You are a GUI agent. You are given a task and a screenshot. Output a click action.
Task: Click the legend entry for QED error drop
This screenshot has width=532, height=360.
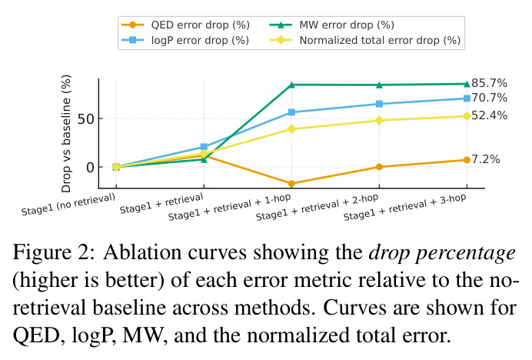pos(185,25)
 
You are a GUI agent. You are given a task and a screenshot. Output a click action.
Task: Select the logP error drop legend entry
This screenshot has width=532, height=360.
pos(185,40)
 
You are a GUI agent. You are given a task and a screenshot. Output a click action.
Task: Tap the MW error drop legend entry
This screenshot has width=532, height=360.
pos(332,25)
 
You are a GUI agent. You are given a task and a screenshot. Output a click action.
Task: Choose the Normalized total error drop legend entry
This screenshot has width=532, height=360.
pos(365,40)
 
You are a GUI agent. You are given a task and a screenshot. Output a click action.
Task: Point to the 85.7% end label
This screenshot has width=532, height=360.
pos(489,83)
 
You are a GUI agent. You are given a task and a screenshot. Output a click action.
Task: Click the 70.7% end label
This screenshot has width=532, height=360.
pos(489,98)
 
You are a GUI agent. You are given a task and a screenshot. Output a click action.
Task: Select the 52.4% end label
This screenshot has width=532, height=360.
pos(489,115)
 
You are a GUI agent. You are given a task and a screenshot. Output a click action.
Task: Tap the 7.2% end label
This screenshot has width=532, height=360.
pos(486,159)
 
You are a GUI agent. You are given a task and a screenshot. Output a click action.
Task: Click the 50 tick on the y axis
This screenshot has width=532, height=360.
pos(85,119)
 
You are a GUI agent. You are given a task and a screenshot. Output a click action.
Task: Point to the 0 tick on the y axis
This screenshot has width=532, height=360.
pos(90,168)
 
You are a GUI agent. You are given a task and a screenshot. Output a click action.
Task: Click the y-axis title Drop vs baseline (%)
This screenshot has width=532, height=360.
pos(66,134)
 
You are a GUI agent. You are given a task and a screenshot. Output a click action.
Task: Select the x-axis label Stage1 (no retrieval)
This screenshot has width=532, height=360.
pos(68,205)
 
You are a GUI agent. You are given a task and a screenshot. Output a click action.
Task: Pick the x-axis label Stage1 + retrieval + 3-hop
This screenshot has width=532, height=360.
pos(405,207)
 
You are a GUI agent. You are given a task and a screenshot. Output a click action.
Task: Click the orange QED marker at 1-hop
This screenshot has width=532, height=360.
pos(291,184)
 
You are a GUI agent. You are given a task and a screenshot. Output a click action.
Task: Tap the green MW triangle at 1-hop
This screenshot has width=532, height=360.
pos(291,85)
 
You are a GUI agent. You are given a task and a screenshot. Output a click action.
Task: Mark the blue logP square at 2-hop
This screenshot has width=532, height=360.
pos(379,104)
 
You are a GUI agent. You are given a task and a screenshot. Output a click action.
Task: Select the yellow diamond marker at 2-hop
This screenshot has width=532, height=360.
pos(379,121)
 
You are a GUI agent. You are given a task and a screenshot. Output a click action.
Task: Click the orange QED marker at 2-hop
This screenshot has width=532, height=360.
pos(379,167)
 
